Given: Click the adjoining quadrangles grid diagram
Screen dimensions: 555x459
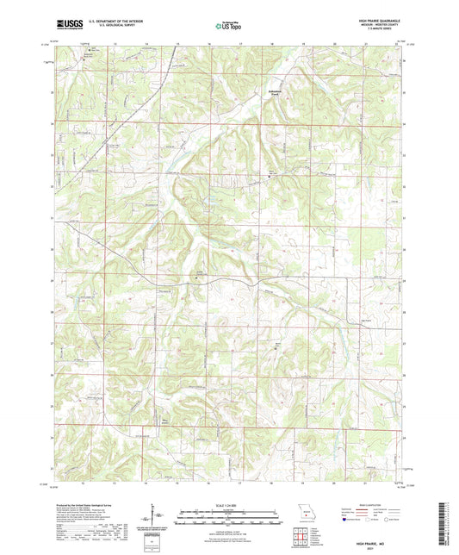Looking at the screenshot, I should coord(301,539).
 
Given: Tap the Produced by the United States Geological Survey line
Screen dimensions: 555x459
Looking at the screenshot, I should coord(86,505).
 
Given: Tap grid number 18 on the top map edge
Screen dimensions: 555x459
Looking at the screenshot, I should coord(273,42).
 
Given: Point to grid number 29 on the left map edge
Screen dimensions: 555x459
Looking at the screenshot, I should coord(52,281).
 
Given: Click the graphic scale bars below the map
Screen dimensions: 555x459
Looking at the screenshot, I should coord(229,519).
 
